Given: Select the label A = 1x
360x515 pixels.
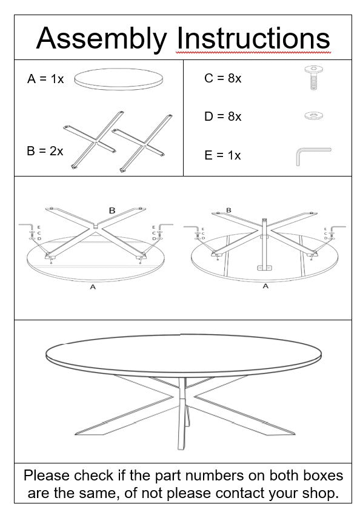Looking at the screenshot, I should tap(45, 79).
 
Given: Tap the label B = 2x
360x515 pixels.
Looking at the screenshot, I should tap(45, 151).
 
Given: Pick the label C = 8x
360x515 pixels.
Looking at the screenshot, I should tap(222, 78).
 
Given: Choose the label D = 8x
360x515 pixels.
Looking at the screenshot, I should tap(222, 116).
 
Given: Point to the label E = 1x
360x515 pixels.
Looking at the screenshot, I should tap(222, 155).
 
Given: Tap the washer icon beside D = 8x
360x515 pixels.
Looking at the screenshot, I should tap(313, 114).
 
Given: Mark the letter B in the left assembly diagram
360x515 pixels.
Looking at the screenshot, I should tap(112, 210).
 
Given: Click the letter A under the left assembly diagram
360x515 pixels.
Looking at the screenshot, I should tap(93, 287).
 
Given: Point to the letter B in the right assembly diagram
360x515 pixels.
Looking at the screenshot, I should tap(228, 210).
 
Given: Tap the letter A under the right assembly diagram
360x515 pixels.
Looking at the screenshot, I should tap(265, 286).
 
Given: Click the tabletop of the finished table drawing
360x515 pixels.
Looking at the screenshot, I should tap(181, 355).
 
